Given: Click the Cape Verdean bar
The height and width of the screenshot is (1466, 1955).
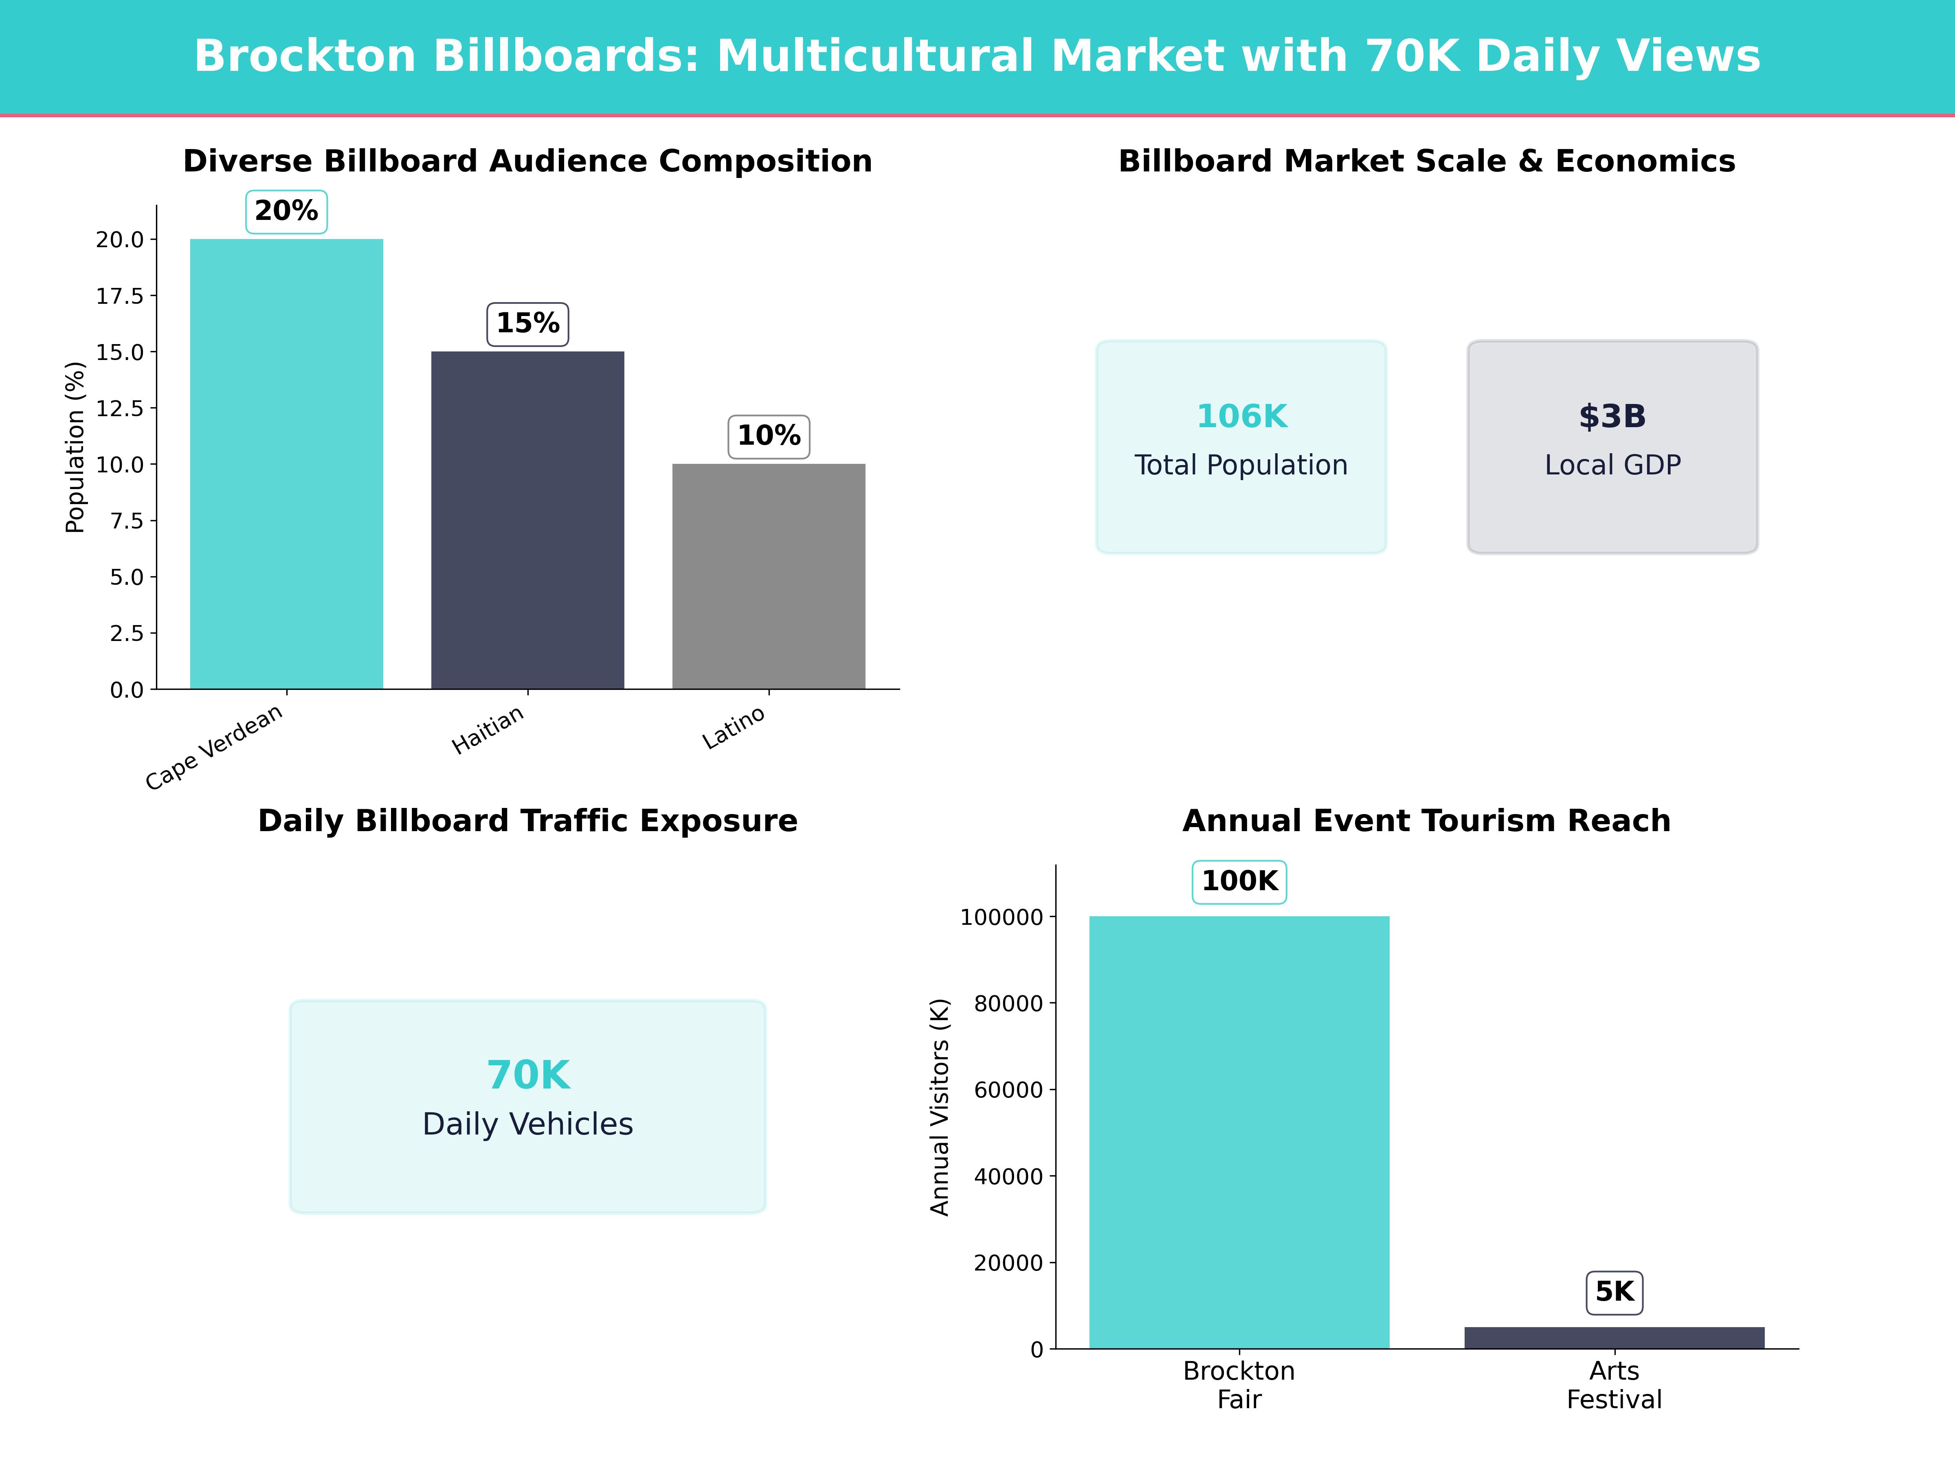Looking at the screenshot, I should (x=286, y=464).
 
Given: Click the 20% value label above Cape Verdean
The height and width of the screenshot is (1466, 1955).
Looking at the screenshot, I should (x=286, y=211).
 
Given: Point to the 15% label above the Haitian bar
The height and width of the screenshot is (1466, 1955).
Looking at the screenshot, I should (x=527, y=323).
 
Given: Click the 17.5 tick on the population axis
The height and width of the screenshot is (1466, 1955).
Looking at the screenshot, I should (x=119, y=296).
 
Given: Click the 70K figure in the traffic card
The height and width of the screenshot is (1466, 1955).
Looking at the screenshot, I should (x=527, y=1075).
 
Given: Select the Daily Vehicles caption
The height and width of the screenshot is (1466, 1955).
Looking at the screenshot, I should (x=527, y=1124).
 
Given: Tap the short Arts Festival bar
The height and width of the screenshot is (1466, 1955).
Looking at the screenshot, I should (x=1614, y=1338).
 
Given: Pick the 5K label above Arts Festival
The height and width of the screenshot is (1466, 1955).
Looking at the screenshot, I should (x=1614, y=1292).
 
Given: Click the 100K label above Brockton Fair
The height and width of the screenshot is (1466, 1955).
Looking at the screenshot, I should (x=1239, y=881).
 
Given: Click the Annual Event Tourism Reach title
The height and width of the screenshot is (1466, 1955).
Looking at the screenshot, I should (x=1426, y=821).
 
